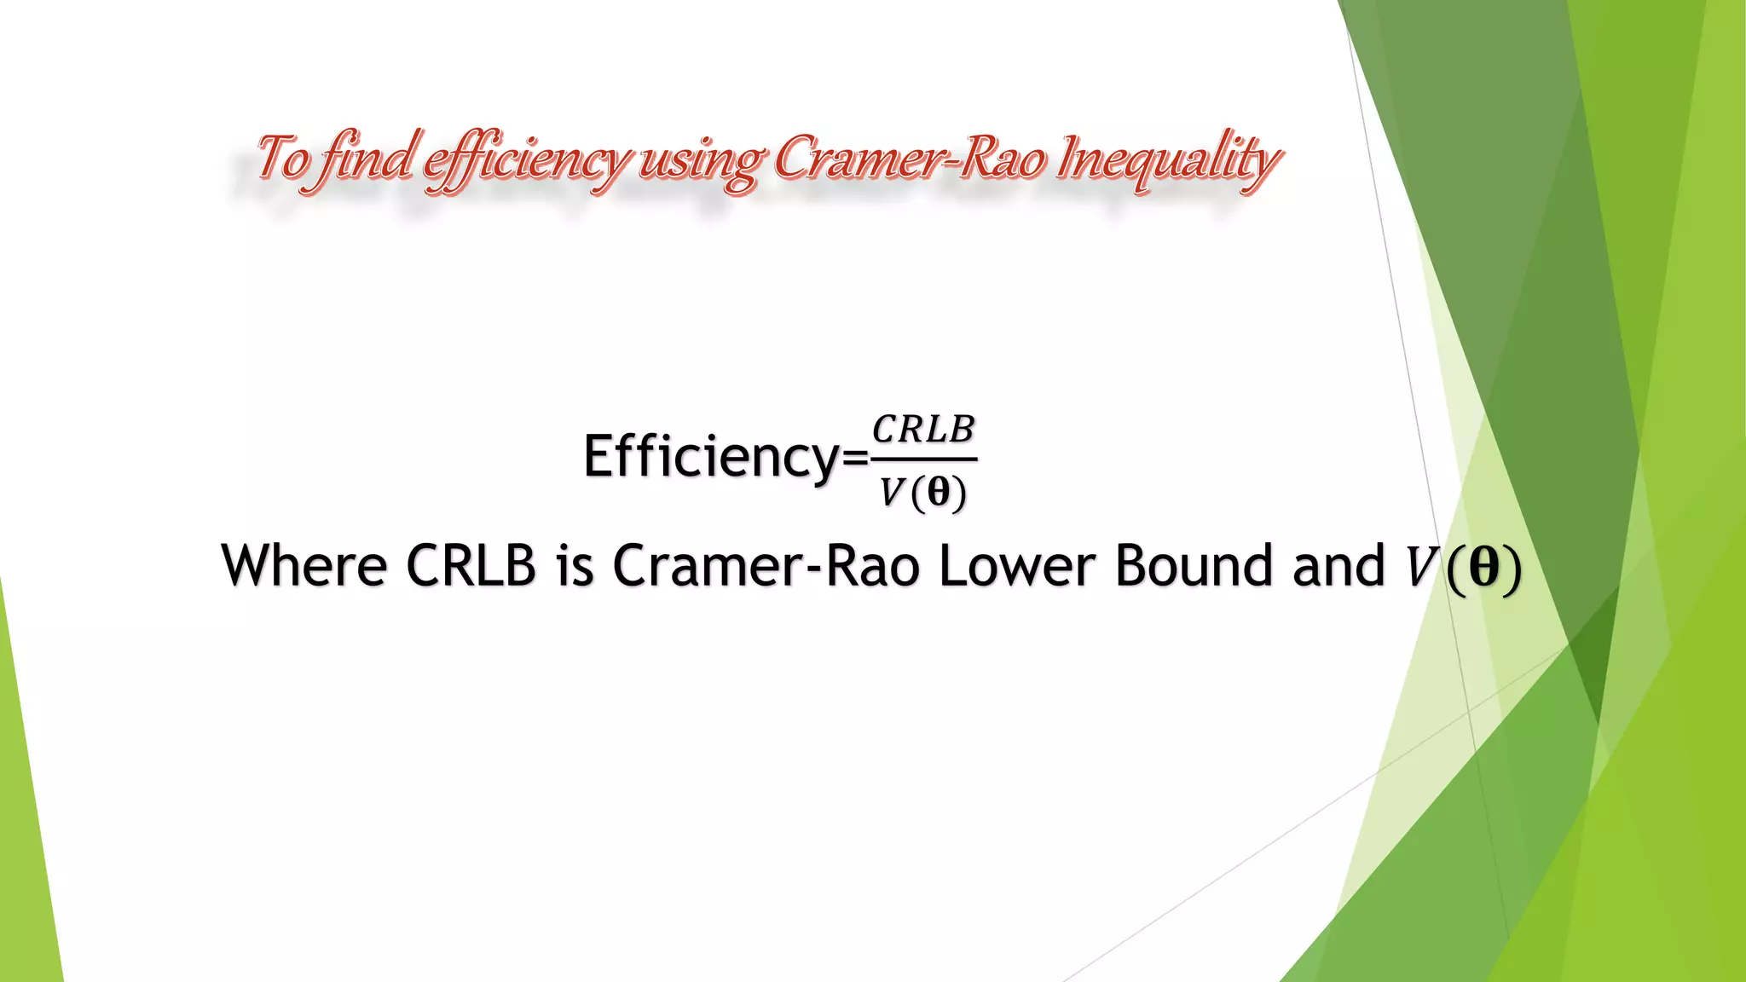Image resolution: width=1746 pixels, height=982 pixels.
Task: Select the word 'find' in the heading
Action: (367, 158)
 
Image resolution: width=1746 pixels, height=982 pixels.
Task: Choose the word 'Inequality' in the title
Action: (1167, 160)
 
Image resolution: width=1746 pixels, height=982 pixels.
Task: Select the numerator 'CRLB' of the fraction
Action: (923, 430)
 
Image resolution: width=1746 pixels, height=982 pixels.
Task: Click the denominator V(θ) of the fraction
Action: (923, 493)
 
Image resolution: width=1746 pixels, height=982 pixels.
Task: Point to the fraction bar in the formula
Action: (923, 459)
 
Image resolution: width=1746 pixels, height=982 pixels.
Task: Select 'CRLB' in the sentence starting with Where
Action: (471, 565)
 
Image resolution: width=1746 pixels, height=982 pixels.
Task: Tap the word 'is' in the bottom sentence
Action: (575, 565)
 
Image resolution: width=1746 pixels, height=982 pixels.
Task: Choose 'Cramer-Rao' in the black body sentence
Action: (766, 565)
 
